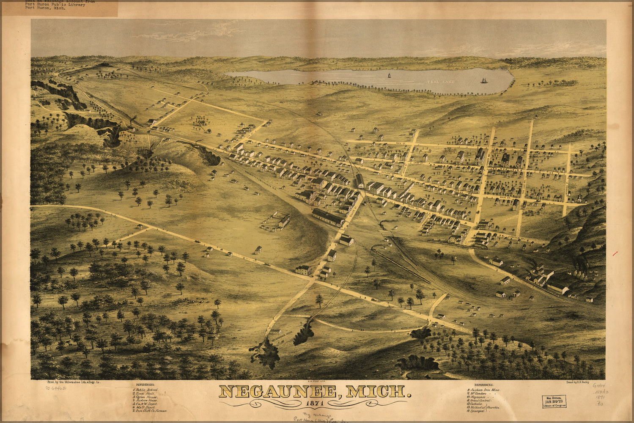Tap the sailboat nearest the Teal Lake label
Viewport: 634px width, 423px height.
point(483,80)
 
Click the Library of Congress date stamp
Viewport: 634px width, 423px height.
point(554,401)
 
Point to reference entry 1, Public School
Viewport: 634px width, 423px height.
point(145,389)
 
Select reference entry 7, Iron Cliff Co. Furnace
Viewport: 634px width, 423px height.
point(150,411)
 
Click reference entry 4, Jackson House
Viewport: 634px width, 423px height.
point(145,400)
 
